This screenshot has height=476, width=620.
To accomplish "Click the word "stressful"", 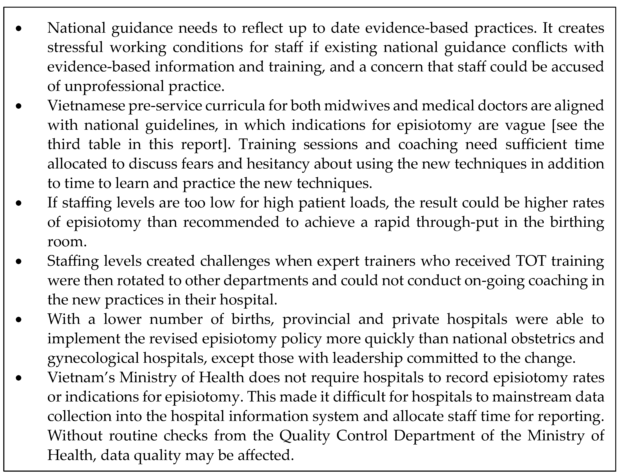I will tap(75, 47).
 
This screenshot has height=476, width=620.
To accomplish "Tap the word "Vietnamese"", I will tap(86, 106).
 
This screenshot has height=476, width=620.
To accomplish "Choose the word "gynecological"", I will tap(93, 358).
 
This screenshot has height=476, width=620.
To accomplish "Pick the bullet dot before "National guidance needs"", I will tap(19, 28).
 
